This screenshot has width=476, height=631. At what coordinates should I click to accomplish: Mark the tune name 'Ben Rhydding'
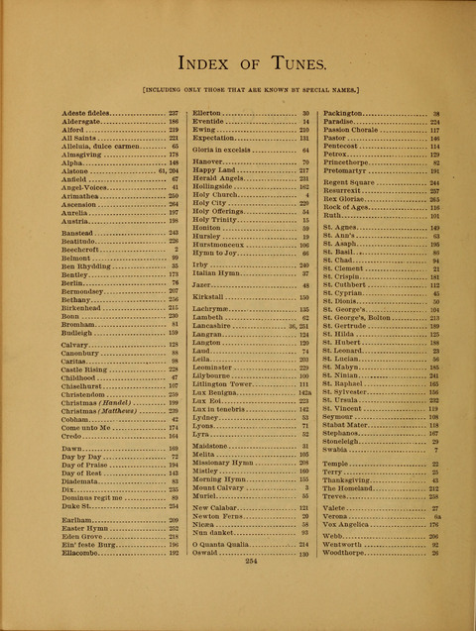tap(84, 265)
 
